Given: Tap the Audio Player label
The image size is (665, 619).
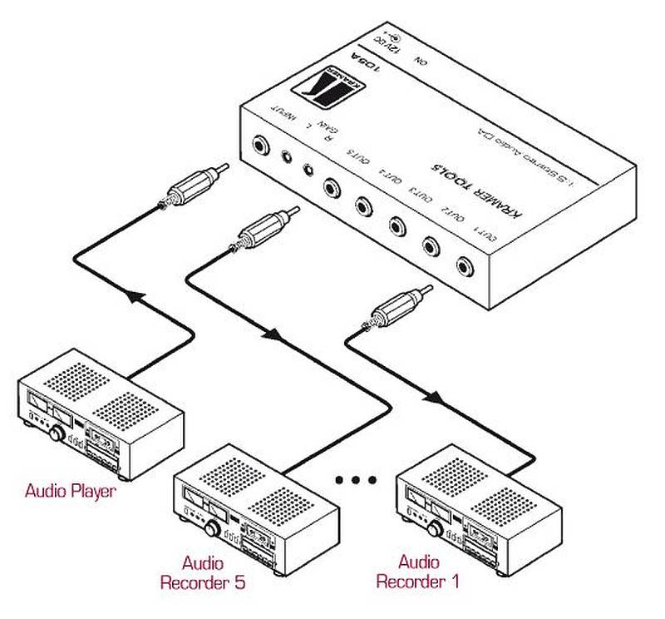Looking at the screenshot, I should click(x=70, y=490).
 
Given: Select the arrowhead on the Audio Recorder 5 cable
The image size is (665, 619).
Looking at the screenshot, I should click(x=273, y=336).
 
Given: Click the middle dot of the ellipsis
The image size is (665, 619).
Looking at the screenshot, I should click(x=357, y=480).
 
